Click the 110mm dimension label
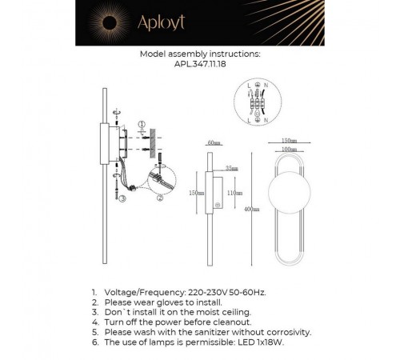tap(234, 194)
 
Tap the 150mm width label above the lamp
tap(288, 138)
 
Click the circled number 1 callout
tap(141, 124)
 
